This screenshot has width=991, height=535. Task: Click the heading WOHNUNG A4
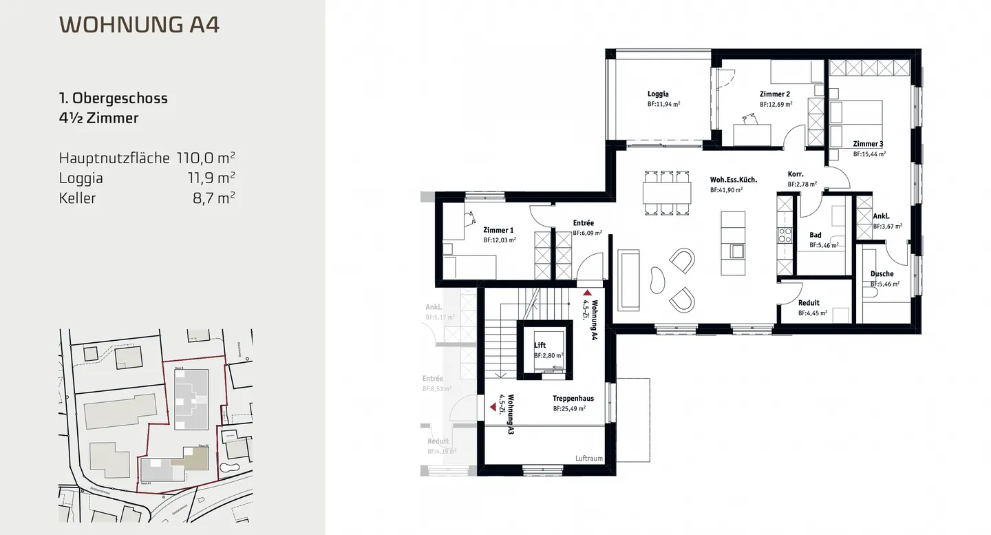point(139,25)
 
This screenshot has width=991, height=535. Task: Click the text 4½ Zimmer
point(98,118)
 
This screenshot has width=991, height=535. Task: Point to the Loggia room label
point(658,94)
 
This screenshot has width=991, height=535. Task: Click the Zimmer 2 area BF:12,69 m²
point(776,105)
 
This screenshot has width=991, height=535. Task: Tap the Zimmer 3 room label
point(868,144)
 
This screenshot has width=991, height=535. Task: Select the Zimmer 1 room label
point(498,230)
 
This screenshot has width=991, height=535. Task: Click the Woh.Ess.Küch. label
point(734,180)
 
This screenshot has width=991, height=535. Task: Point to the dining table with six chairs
point(666,192)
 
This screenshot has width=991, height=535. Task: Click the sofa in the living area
point(628,280)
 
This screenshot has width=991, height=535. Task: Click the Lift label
point(540,345)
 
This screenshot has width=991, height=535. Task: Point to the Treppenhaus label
point(573,398)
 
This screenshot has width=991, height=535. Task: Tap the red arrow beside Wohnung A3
point(493,408)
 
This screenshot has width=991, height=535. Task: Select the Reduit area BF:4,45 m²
point(812,313)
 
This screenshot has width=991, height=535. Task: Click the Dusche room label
point(882,274)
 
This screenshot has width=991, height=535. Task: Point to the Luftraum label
point(588,458)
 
